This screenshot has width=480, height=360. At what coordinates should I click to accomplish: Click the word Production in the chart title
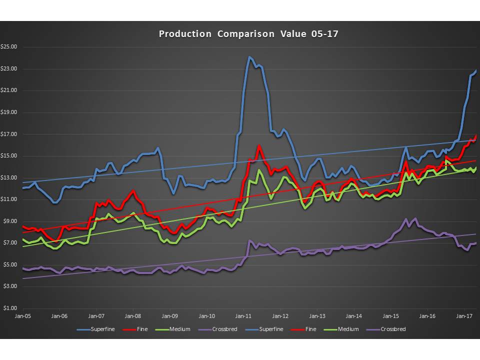(185, 34)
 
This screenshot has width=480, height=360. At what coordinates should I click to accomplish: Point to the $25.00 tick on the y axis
(10, 47)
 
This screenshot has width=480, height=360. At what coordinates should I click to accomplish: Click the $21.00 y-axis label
(10, 90)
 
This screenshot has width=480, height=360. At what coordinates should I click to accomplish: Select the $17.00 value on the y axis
(10, 134)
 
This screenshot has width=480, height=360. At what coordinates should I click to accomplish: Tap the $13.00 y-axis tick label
(10, 177)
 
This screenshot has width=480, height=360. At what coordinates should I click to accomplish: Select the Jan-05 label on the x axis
(22, 316)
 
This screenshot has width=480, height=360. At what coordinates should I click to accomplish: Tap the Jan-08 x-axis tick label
(133, 316)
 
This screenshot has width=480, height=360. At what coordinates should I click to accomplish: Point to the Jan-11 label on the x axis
(243, 316)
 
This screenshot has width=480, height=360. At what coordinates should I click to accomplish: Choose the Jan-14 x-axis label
(354, 316)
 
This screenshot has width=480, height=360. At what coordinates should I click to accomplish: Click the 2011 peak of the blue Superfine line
(249, 57)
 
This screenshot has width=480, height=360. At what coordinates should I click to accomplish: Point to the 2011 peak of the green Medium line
(258, 170)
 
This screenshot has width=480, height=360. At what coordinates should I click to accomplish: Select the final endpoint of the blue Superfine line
(475, 71)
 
